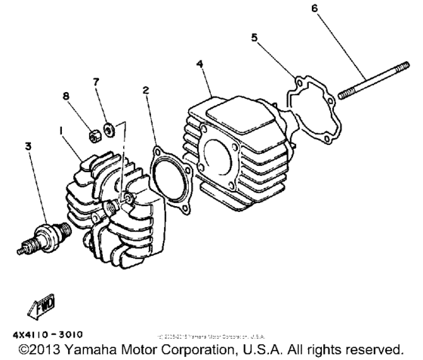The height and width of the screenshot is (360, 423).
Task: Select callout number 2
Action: [144, 91]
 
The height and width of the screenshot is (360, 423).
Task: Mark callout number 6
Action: [314, 8]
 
